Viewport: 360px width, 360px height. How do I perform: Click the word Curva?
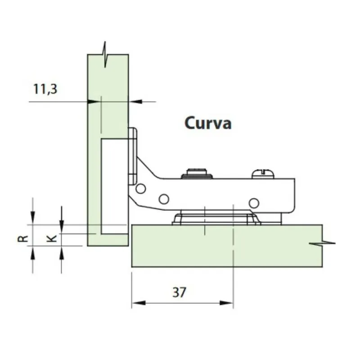click(x=208, y=123)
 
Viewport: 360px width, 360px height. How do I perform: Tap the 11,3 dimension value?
click(x=45, y=89)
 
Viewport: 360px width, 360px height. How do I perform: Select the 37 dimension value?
click(x=179, y=292)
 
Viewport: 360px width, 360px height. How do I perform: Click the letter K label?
click(x=52, y=238)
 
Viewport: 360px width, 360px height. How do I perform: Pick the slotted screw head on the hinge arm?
click(x=263, y=174)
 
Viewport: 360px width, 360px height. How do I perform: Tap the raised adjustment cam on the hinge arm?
click(x=197, y=173)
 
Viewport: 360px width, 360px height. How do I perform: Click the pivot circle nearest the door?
click(x=141, y=189)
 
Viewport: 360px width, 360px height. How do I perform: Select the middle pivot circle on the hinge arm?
click(x=164, y=199)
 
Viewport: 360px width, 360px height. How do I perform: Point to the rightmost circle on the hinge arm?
click(x=254, y=203)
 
